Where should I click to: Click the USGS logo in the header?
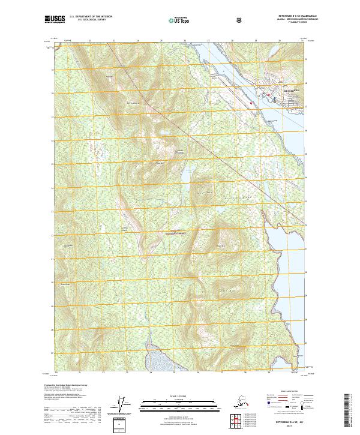(x=55, y=20)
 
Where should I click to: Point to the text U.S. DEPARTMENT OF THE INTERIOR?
(x=91, y=17)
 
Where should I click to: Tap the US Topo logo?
(x=185, y=20)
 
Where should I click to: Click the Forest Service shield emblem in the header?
(x=241, y=20)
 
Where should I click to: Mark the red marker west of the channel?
(x=251, y=103)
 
